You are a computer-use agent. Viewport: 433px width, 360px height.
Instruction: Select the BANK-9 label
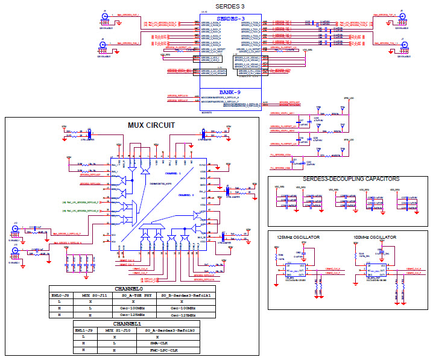coord(230,92)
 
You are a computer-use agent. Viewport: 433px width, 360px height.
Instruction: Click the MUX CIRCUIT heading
coord(151,125)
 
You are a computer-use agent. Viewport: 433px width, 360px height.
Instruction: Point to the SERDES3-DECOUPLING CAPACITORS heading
coord(347,179)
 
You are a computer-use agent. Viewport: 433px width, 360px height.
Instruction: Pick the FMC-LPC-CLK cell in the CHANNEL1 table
coord(159,350)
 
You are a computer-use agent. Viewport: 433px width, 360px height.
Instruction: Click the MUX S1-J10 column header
coord(116,330)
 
